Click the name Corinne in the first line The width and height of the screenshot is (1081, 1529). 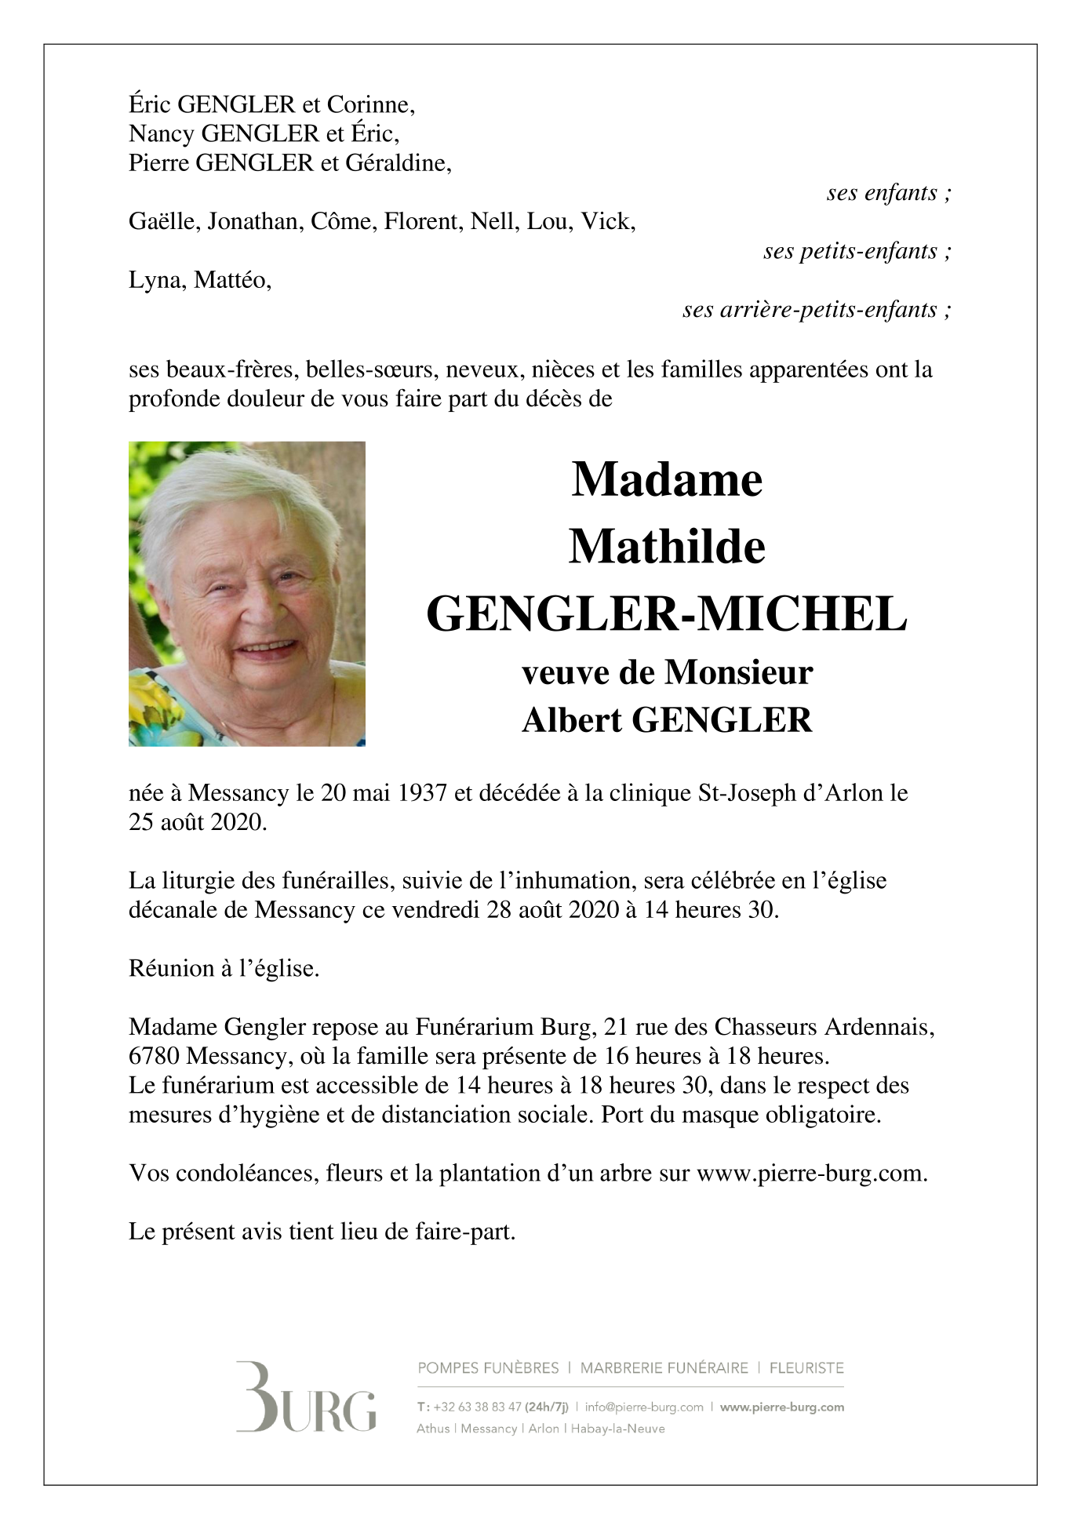(x=369, y=104)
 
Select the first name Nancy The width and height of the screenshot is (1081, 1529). (x=159, y=134)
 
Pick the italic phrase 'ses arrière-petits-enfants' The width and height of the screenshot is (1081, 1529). (x=817, y=310)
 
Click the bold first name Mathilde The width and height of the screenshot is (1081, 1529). (x=667, y=547)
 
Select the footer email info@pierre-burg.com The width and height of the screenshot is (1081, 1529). (x=643, y=1407)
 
